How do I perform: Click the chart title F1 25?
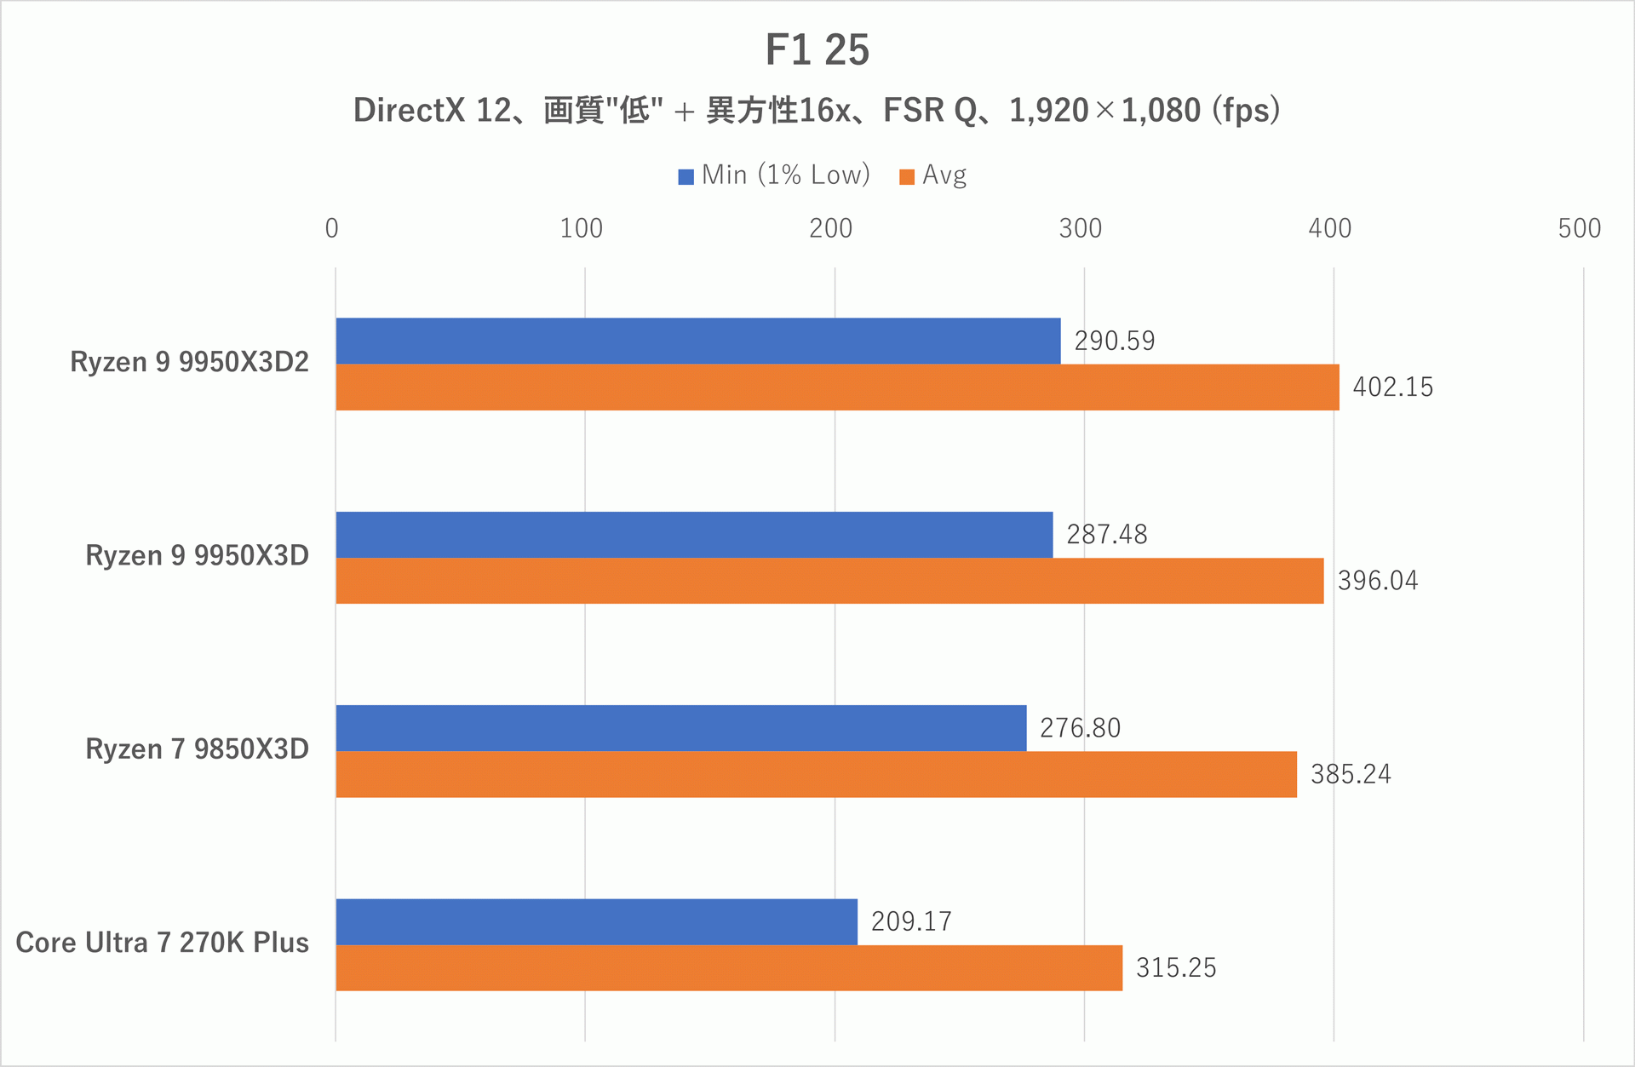[x=817, y=49]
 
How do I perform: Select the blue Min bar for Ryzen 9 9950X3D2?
[x=698, y=341]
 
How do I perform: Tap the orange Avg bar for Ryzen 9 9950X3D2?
[x=837, y=387]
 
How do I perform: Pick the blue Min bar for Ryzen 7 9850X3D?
[x=681, y=728]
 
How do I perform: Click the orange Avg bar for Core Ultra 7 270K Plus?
[x=729, y=967]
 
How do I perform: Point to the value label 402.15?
[x=1392, y=387]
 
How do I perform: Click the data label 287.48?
[x=1106, y=535]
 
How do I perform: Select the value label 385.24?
[x=1350, y=774]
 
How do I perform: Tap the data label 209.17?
[x=910, y=921]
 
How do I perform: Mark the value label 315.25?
[x=1175, y=968]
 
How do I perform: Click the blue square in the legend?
[x=686, y=177]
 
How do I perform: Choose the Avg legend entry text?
[x=944, y=175]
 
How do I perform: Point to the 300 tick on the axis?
[x=1080, y=228]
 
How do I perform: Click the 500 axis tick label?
[x=1579, y=228]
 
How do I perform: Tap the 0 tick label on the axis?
[x=331, y=228]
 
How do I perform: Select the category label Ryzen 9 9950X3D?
[x=197, y=555]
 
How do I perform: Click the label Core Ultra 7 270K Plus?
[x=162, y=943]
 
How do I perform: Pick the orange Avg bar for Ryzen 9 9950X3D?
[x=829, y=581]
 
